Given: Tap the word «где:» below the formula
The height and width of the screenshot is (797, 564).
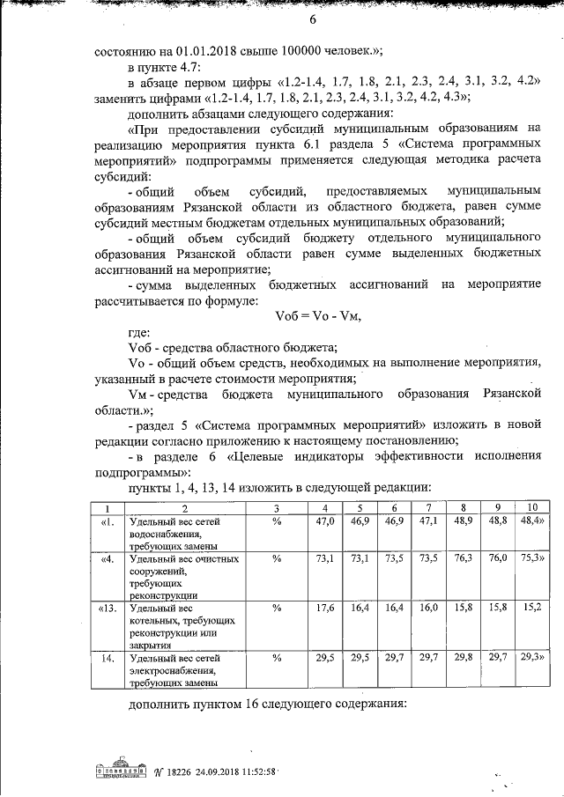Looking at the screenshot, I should [x=139, y=333].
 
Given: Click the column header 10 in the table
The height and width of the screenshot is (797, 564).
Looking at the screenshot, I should [x=531, y=508].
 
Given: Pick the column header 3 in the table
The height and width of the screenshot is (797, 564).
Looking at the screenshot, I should [x=276, y=508].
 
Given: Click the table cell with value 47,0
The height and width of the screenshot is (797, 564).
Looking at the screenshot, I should [x=325, y=521].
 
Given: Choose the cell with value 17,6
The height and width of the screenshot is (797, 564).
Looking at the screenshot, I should [x=325, y=607].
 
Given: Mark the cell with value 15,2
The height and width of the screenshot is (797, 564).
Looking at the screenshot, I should [x=531, y=607].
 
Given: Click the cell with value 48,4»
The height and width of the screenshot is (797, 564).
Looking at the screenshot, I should [x=531, y=521].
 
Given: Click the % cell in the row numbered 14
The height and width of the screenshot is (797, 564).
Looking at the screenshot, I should [x=276, y=656].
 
